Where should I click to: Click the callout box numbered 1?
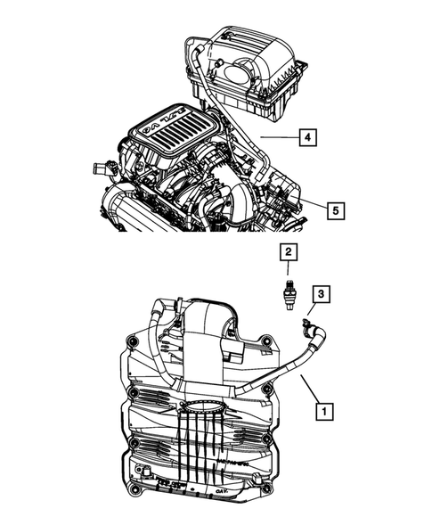(x=325, y=412)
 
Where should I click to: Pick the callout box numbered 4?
(x=306, y=138)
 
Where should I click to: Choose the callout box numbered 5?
(x=334, y=210)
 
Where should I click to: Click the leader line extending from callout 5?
(x=314, y=207)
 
